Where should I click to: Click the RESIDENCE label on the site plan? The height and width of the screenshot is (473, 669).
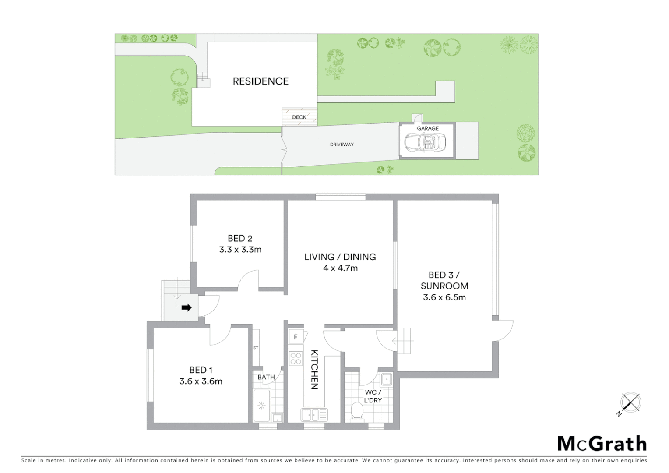(261, 81)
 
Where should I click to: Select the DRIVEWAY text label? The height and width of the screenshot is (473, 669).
(342, 145)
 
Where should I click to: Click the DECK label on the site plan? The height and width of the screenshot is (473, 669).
(299, 117)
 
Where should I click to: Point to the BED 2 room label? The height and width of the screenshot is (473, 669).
(240, 239)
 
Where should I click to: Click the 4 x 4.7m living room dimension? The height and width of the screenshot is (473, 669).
(340, 268)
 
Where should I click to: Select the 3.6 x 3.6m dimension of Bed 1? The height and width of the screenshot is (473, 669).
(201, 381)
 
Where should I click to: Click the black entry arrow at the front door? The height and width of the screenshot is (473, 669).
(187, 308)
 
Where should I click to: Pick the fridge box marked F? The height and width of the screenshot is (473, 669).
(296, 337)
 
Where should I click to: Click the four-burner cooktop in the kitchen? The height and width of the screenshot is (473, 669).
(296, 358)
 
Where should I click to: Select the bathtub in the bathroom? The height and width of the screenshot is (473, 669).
(262, 406)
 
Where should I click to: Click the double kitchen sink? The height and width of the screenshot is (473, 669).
(313, 414)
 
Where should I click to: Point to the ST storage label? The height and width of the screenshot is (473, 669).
(256, 348)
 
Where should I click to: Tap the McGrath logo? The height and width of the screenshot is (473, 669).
(602, 444)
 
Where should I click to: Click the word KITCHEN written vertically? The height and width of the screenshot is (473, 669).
(314, 369)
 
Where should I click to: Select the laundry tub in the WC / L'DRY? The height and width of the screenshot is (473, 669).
(386, 379)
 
